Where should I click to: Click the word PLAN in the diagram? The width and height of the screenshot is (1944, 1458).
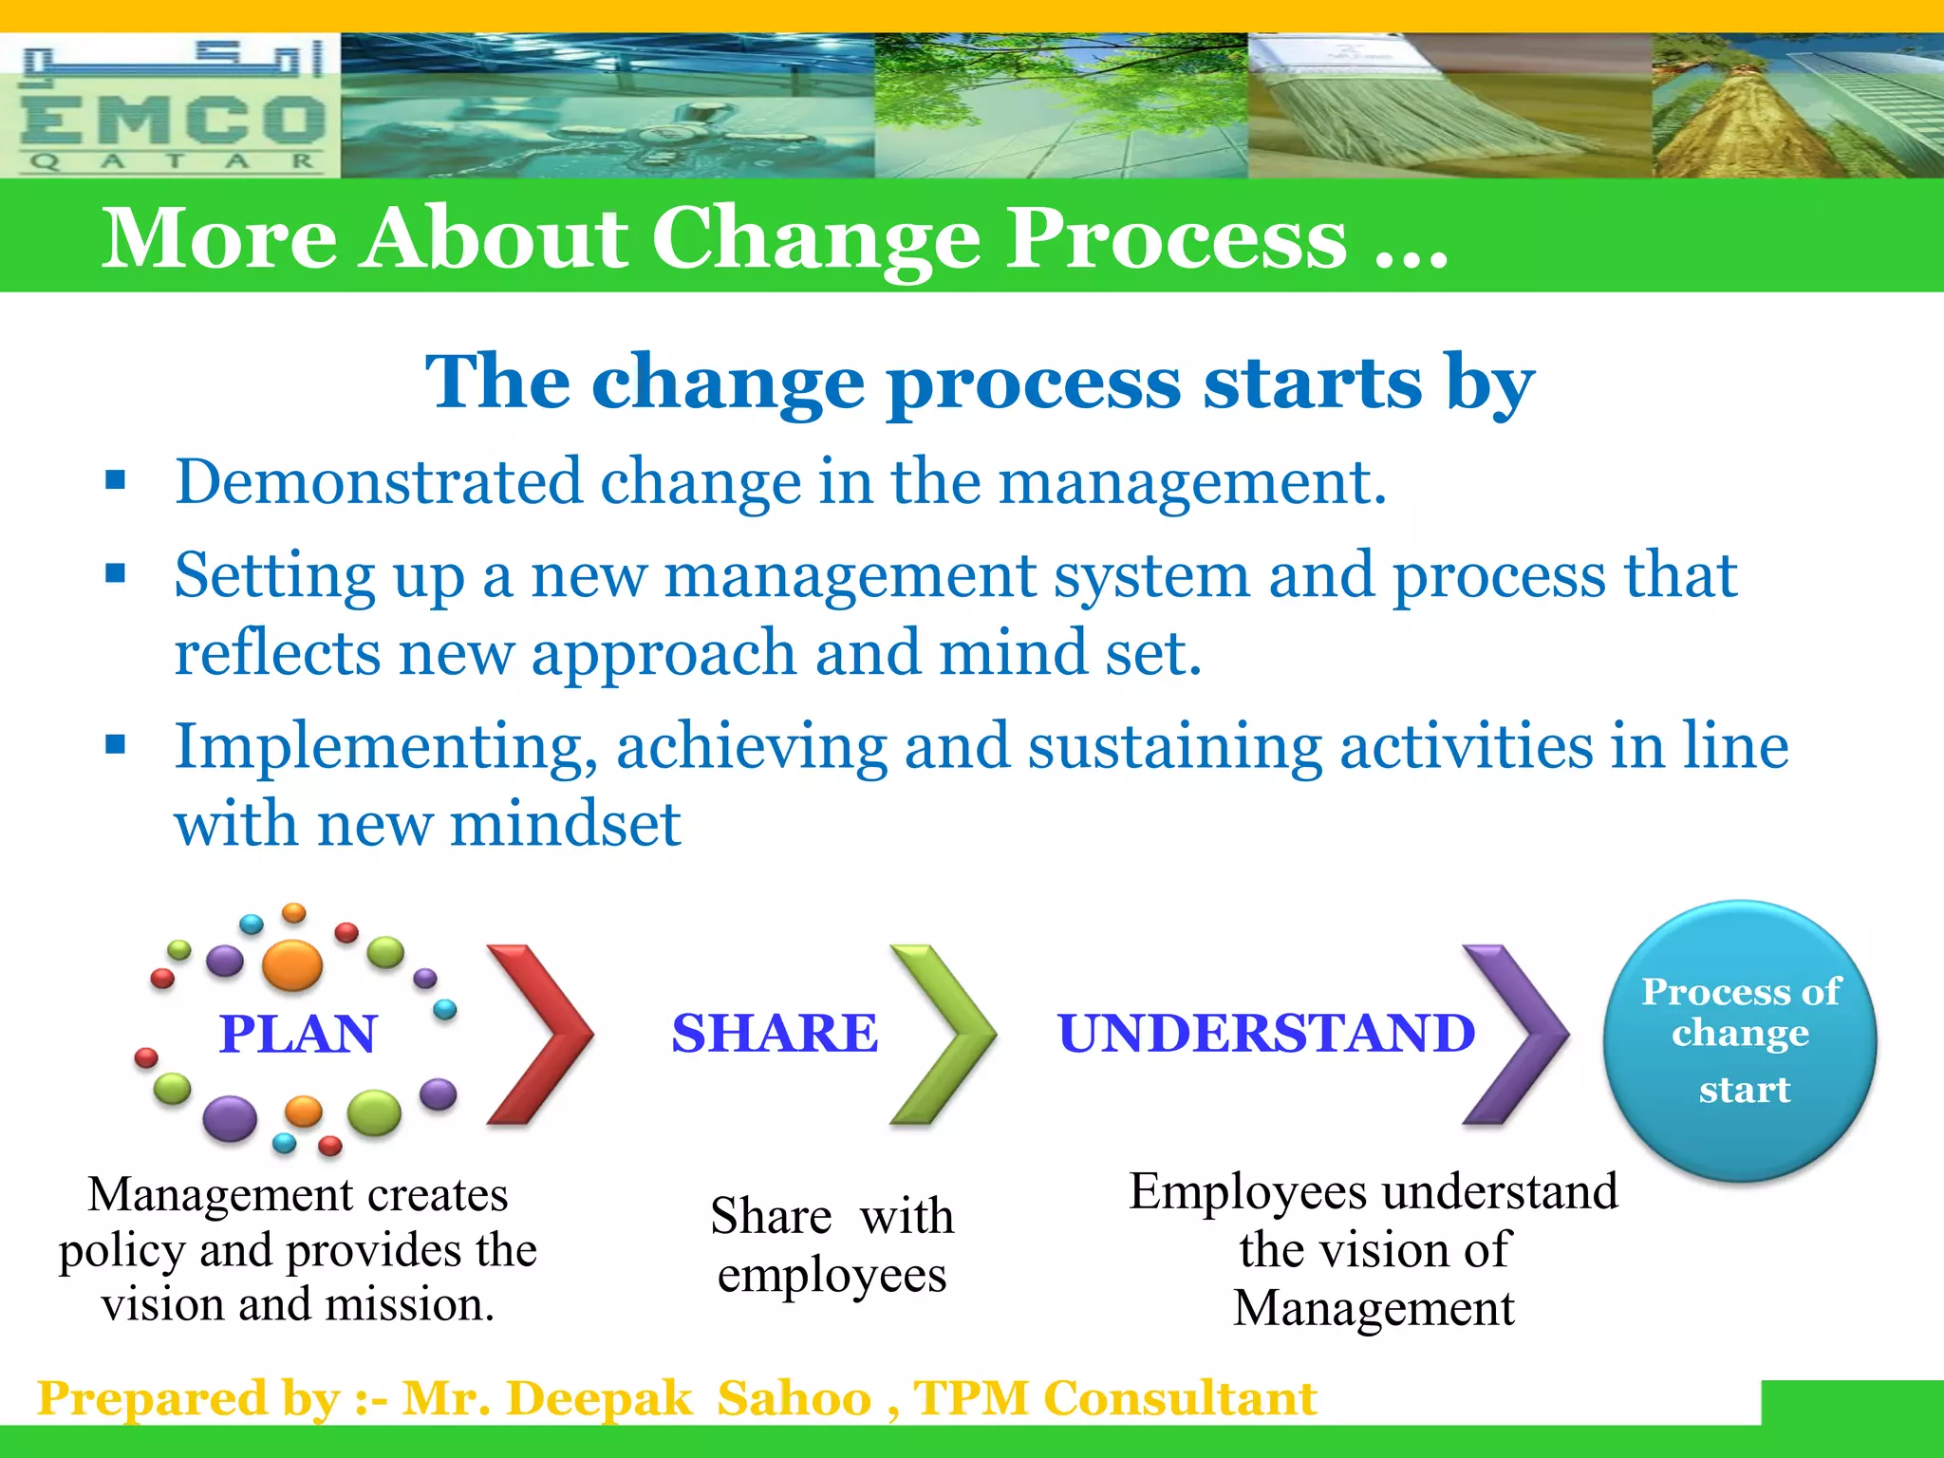[x=298, y=1034]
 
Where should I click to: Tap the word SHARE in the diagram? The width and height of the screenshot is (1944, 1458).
[x=775, y=1033]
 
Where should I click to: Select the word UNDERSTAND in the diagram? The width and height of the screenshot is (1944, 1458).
[x=1266, y=1033]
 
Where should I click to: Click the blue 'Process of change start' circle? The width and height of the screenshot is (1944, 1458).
[x=1740, y=1040]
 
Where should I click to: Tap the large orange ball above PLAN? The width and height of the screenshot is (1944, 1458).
[x=292, y=964]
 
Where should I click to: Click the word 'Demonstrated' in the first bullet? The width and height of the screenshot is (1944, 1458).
[x=378, y=482]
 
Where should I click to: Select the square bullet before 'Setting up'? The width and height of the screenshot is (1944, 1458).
[x=116, y=573]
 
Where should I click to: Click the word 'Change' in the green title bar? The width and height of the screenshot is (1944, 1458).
[x=815, y=239]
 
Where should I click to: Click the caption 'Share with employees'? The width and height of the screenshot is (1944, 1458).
[x=832, y=1244]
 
